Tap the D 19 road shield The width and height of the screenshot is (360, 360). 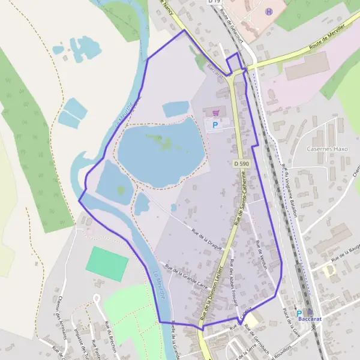point(214,2)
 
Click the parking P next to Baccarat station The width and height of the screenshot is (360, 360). point(299,313)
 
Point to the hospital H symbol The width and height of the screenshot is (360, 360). point(269,11)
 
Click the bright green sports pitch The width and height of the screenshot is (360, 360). point(107,263)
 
